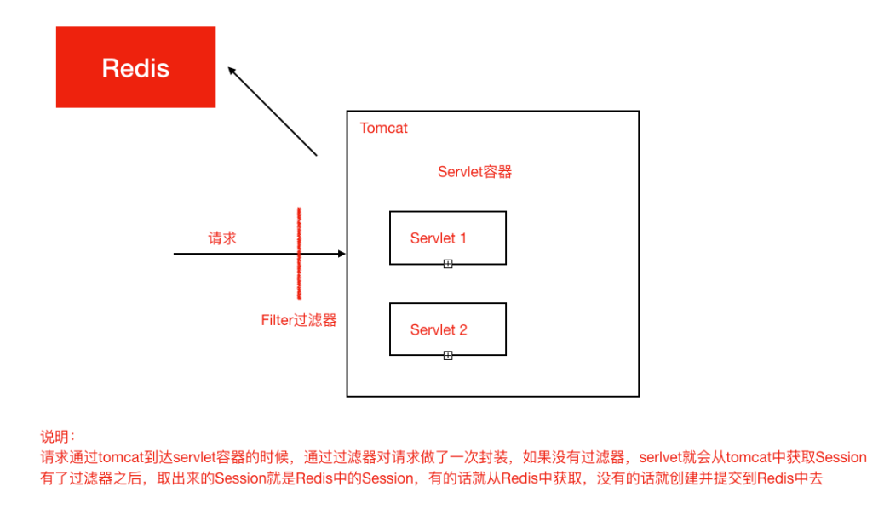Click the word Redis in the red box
tap(135, 68)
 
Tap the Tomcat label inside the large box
tap(383, 129)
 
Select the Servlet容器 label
tap(474, 172)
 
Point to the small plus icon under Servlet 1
tap(448, 264)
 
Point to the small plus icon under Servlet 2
tap(448, 355)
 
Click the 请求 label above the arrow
tap(222, 238)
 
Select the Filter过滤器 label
tap(298, 320)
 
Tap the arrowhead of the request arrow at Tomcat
tap(342, 254)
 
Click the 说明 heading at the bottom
tap(57, 437)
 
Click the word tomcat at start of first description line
tap(119, 458)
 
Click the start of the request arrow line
tap(175, 254)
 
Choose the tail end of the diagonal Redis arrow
tap(316, 155)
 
